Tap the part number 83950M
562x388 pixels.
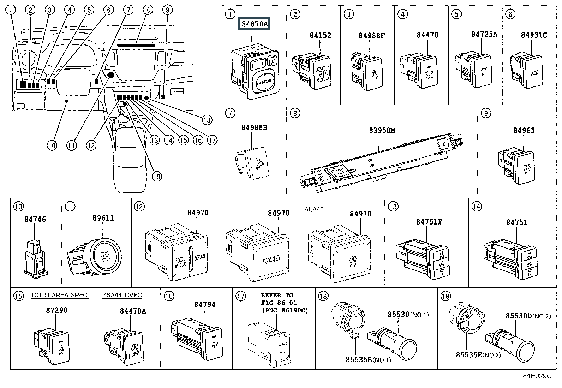[x=382, y=131]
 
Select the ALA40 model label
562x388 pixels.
[x=314, y=209]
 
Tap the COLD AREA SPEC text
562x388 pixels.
[x=60, y=295]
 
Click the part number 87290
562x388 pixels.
[x=56, y=310]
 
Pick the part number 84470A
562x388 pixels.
[x=133, y=311]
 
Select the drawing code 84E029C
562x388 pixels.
[x=537, y=376]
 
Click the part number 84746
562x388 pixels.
[x=35, y=219]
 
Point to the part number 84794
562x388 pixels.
[x=205, y=304]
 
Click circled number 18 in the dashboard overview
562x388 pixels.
[x=207, y=120]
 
